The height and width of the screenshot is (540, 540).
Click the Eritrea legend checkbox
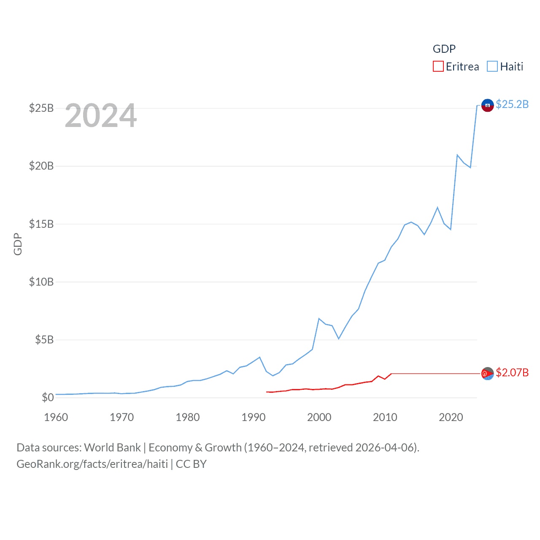438,67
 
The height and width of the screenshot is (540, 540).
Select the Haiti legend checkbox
492,67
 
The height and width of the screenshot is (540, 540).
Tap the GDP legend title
444,49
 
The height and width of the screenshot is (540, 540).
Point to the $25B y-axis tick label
41,108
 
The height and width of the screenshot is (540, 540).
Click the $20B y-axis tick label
41,166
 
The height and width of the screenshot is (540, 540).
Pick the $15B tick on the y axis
41,224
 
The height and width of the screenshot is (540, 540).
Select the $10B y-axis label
41,282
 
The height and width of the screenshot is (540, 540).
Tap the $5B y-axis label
44,340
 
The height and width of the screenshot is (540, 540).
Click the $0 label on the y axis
48,397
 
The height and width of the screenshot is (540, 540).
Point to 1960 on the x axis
56,417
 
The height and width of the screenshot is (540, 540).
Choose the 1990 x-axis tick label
254,417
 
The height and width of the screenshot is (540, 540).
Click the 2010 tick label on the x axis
385,417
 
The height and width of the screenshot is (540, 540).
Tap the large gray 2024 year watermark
101,116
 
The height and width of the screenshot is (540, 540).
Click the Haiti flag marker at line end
488,105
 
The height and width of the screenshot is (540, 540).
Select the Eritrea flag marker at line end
488,373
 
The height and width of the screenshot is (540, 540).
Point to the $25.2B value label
512,104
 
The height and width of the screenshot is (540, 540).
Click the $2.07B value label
512,373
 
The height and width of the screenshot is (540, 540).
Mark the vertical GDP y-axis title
18,244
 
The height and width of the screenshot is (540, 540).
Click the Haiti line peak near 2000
319,319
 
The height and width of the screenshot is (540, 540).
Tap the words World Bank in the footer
112,448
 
